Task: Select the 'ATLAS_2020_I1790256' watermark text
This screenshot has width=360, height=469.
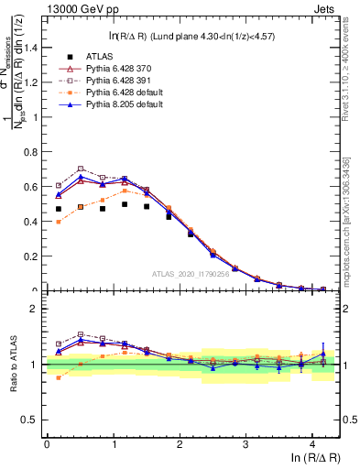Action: coord(193,274)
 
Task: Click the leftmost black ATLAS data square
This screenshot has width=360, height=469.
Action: coord(59,209)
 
